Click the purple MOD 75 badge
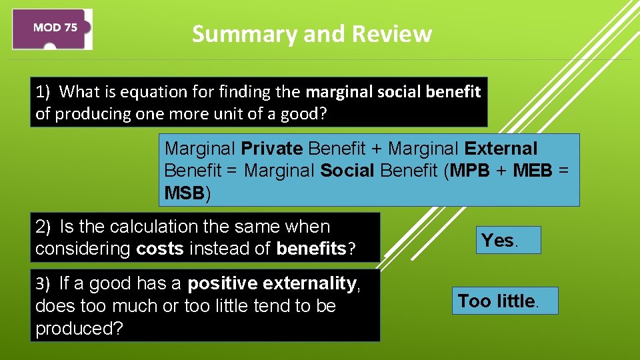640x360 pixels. (53, 29)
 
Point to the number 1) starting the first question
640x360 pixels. (44, 91)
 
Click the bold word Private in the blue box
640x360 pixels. (272, 148)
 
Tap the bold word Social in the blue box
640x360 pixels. (347, 171)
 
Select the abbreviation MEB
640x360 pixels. (533, 171)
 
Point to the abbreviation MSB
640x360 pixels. (184, 193)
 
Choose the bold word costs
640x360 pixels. (159, 249)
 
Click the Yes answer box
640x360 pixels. (507, 240)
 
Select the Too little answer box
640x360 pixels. (504, 301)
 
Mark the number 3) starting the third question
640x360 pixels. (43, 284)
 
